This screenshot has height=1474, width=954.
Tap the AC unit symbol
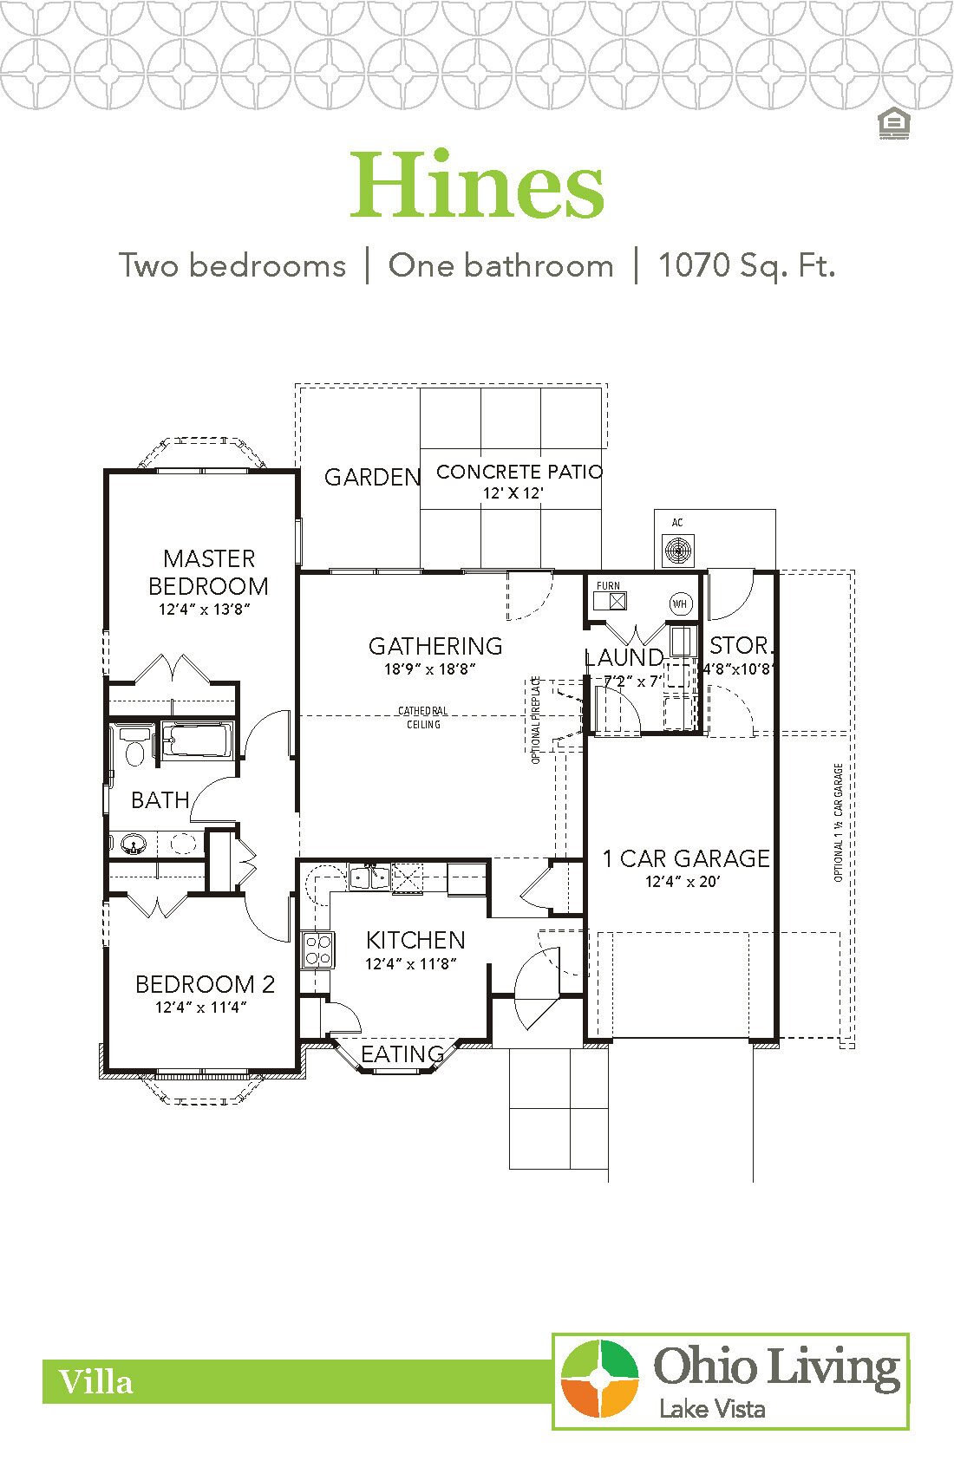[677, 550]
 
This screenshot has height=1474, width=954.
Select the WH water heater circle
[680, 603]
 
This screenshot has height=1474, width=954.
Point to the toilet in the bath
[134, 747]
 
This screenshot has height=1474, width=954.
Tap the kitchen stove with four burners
[317, 949]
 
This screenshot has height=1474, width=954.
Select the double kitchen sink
[369, 877]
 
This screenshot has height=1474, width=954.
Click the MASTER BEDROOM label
[208, 572]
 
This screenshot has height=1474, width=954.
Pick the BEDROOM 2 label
[205, 984]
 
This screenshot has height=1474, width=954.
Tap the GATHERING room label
[435, 646]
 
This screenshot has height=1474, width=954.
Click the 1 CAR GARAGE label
[686, 858]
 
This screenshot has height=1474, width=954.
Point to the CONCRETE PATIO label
[519, 473]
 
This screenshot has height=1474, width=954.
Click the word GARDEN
[372, 477]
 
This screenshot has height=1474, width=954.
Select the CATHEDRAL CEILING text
[423, 717]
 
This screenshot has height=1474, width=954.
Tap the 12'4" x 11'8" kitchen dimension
[411, 963]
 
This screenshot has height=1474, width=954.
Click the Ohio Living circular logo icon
[599, 1378]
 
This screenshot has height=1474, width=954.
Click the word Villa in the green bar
[95, 1381]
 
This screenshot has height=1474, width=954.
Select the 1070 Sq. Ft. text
[746, 265]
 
